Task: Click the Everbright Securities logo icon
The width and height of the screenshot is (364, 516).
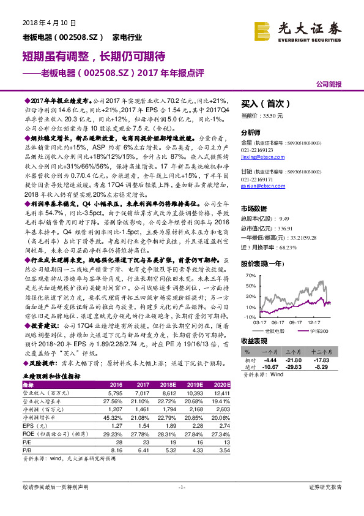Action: [x=264, y=29]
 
